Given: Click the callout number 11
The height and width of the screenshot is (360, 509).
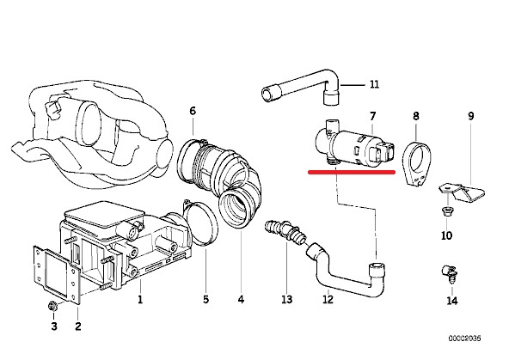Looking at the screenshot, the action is pos(374,84).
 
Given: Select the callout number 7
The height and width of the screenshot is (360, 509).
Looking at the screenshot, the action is pos(372,116).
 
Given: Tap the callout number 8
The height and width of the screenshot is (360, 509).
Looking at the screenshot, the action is pos(416,116).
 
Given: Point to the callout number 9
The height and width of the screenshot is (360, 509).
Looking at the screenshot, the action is pos(471,116).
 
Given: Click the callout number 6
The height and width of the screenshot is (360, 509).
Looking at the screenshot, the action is pos(193,111).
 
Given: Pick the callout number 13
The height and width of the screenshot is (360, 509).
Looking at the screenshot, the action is pos(287,299).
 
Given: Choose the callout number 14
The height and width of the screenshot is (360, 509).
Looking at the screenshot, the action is pos(452,301).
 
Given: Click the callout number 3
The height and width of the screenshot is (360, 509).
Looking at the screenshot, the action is pos(54,326).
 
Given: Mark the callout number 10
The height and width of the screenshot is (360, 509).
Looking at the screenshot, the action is pos(447,235).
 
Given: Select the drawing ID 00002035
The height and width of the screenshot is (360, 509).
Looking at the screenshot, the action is pos(465,339).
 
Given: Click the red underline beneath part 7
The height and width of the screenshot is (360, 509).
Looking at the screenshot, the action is pos(352,172).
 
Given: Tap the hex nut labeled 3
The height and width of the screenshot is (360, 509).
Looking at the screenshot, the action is pos(52,306).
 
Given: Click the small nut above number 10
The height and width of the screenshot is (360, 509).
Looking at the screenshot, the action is pos(447,211).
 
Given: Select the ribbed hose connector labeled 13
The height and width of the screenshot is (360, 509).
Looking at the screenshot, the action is pos(285,231).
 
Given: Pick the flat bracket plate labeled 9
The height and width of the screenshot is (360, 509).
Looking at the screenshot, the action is pos(462,192).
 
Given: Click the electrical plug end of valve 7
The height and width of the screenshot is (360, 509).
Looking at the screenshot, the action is pos(383,152).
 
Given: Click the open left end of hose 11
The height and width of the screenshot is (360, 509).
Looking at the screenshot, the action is pos(271,93).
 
